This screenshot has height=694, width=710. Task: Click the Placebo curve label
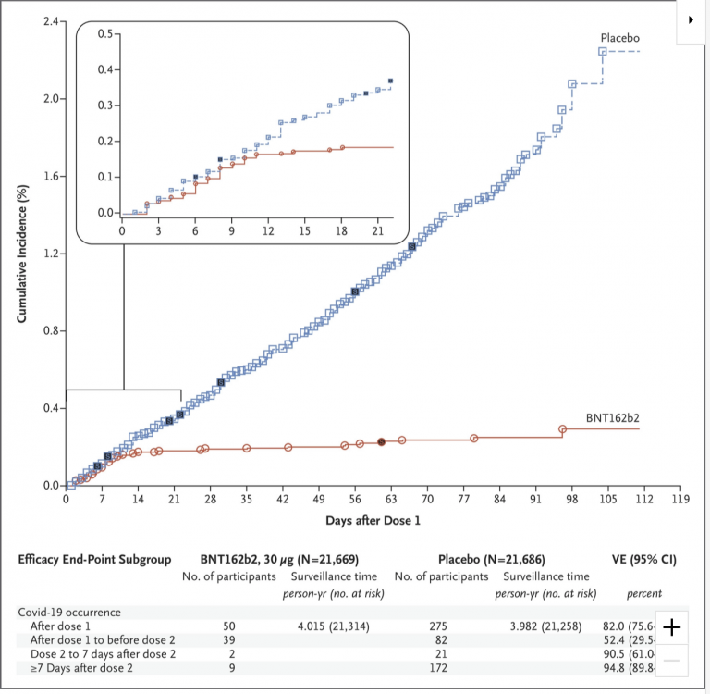[x=620, y=39]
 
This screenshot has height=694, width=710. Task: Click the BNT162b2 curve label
[x=613, y=418]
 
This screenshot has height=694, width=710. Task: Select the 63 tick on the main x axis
[x=391, y=500]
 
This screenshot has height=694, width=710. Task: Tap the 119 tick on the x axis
[x=680, y=500]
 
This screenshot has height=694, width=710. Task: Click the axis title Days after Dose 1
[x=373, y=521]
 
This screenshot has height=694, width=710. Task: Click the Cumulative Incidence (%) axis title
[x=21, y=251]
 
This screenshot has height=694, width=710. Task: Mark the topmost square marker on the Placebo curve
[x=602, y=52]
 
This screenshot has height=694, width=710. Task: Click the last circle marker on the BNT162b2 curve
[x=562, y=429]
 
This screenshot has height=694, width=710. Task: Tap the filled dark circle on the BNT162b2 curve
[x=382, y=442]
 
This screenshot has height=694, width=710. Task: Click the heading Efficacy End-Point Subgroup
[x=93, y=560]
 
